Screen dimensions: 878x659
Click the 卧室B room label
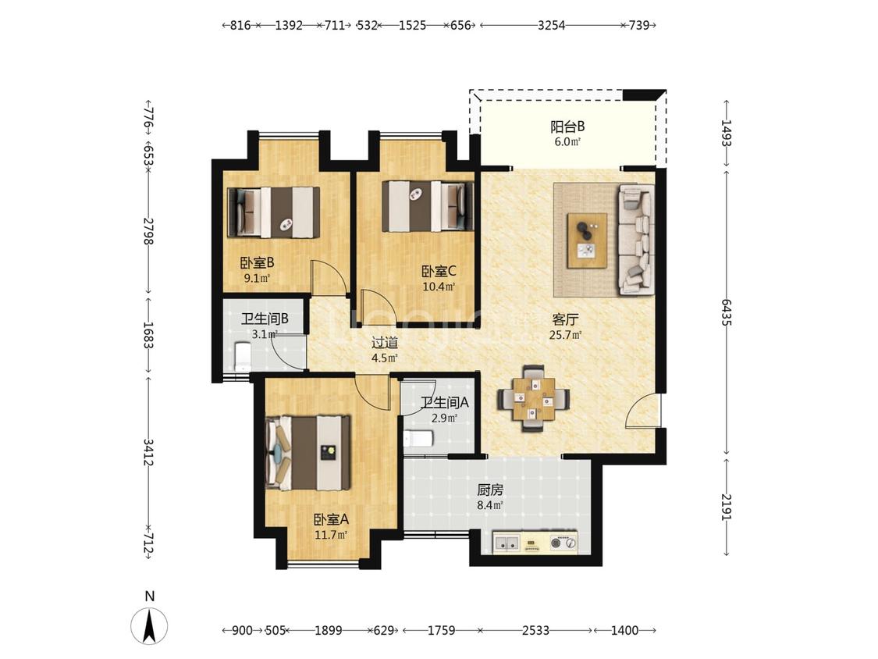coord(257,263)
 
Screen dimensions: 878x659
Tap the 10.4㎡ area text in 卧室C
coord(439,287)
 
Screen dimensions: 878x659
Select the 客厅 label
coord(565,320)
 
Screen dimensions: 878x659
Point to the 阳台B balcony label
coord(567,126)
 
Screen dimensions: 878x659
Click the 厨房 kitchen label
coord(490,490)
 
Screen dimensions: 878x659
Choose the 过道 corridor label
coord(385,343)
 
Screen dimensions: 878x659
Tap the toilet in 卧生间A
coord(418,438)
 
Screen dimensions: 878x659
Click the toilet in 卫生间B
coord(241,356)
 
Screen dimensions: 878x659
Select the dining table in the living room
coord(533,398)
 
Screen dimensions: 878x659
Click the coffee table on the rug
coord(587,240)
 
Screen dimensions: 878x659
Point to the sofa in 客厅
coord(636,239)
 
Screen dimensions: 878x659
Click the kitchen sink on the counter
coord(507,543)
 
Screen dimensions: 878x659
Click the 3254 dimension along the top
coord(552,25)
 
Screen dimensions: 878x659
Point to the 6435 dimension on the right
coord(727,312)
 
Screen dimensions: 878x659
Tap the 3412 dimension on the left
coord(148,452)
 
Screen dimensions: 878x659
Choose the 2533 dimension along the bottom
coord(536,630)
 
